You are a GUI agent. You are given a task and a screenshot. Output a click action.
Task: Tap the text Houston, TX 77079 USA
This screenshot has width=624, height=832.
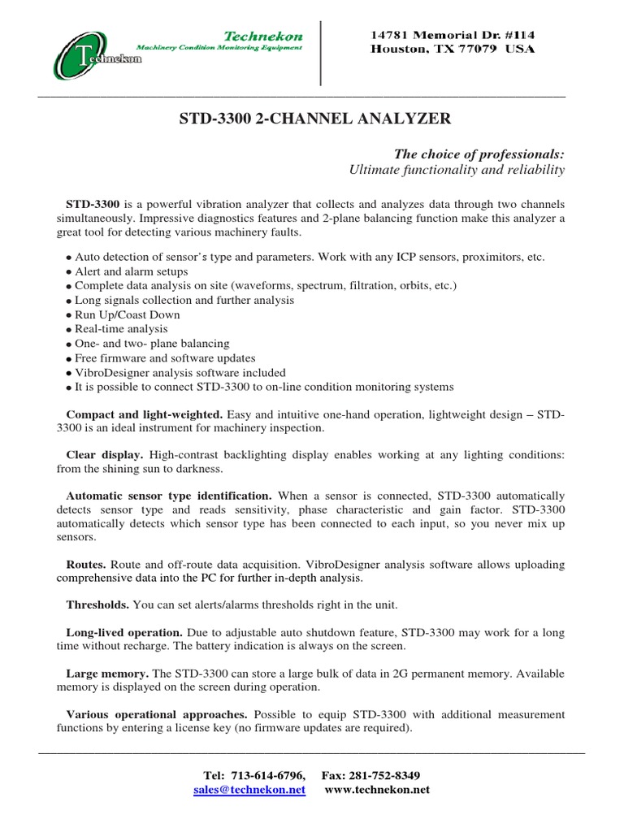(x=453, y=50)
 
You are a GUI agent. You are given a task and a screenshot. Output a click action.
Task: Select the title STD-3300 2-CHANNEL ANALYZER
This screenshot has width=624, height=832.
(x=314, y=119)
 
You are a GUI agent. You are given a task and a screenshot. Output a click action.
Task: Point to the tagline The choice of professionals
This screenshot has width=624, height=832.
(x=479, y=154)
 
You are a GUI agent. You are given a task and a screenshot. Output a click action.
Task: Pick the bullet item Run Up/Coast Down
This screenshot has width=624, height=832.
(x=127, y=314)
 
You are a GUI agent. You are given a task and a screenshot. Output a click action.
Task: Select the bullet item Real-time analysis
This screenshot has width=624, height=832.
(x=121, y=329)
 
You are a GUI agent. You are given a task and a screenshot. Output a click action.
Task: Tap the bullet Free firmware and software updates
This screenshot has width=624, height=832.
(x=164, y=358)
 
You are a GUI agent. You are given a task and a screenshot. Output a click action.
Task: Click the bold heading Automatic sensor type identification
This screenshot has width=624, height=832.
(x=168, y=495)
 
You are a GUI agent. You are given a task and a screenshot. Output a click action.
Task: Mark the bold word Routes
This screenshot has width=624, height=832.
(x=85, y=564)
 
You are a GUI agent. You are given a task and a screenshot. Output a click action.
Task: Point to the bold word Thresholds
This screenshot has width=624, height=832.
(x=97, y=604)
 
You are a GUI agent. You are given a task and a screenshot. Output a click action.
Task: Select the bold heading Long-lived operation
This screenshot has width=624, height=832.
(x=123, y=632)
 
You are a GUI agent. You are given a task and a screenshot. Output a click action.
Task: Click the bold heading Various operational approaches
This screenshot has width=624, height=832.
(x=156, y=714)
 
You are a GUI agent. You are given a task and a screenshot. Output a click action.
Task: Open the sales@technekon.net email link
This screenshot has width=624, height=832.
(x=249, y=790)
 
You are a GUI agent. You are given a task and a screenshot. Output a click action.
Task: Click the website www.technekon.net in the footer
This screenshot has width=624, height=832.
(x=377, y=790)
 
